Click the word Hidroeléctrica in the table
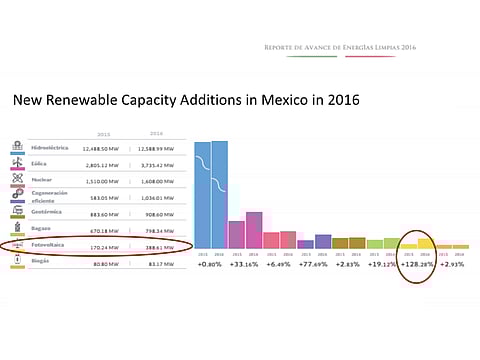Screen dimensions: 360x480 51,147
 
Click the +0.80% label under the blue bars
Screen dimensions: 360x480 210,266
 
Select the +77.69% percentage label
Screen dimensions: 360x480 313,266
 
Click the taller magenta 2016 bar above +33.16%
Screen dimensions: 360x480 253,230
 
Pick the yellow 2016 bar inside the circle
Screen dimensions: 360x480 425,243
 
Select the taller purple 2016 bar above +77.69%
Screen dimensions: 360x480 322,241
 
